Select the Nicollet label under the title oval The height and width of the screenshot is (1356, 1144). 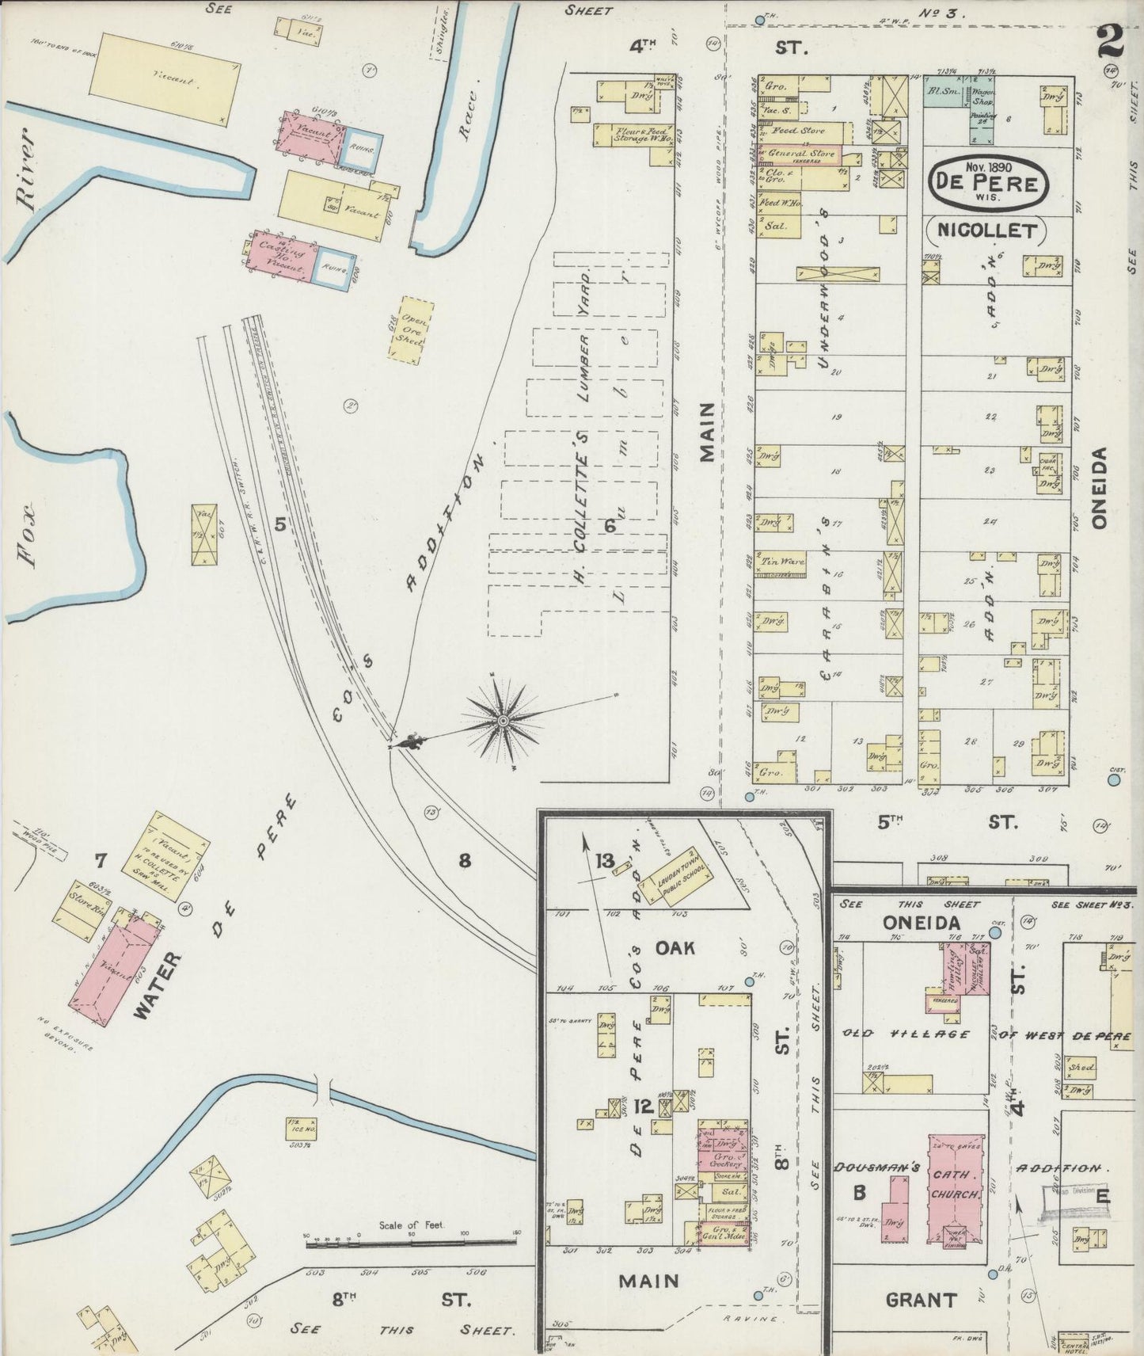pyautogui.click(x=986, y=231)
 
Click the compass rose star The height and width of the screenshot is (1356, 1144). pyautogui.click(x=503, y=720)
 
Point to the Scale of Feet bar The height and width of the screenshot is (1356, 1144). pyautogui.click(x=412, y=1244)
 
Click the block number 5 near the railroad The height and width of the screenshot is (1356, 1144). pyautogui.click(x=279, y=523)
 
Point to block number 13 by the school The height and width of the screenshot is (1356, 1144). pyautogui.click(x=606, y=861)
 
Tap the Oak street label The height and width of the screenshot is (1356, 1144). pyautogui.click(x=675, y=947)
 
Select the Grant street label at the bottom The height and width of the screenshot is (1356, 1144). pyautogui.click(x=921, y=1299)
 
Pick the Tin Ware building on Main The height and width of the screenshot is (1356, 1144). pyautogui.click(x=783, y=562)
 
